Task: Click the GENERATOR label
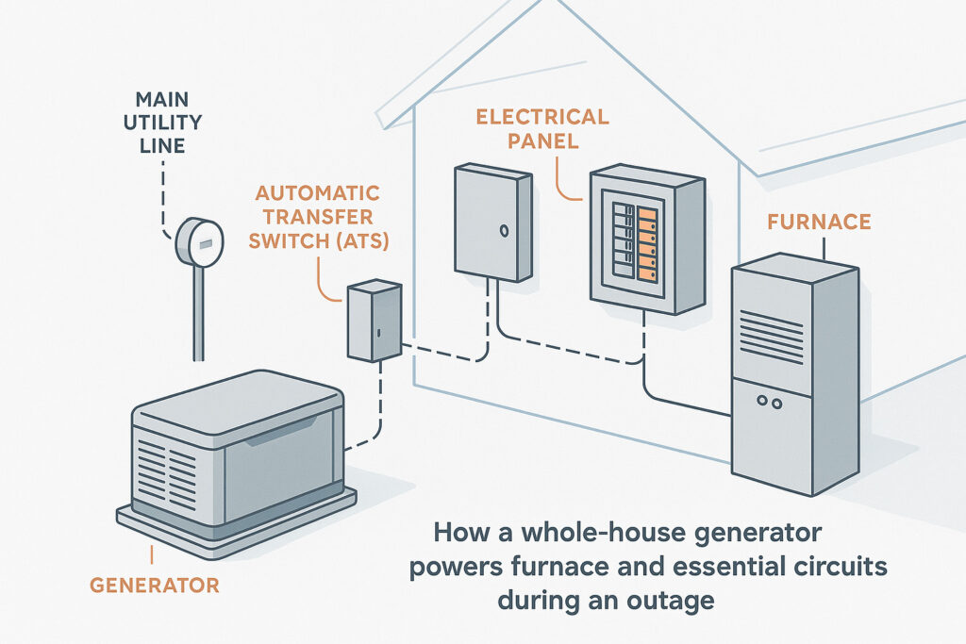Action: tap(154, 585)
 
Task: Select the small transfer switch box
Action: tap(374, 322)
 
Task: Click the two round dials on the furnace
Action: tap(770, 403)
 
